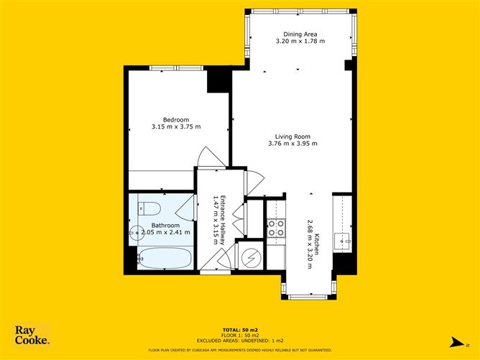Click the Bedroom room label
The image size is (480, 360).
point(175,119)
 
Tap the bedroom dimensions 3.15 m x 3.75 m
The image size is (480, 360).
point(176,127)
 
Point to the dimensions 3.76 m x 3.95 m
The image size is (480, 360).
point(292,144)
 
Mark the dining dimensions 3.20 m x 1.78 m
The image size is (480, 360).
point(300,42)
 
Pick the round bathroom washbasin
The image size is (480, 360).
point(137,232)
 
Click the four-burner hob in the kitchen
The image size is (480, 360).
point(274,229)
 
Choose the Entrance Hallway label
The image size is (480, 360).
point(223,221)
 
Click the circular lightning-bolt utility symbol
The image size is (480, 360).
point(253,257)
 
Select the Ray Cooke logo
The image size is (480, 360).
point(32,335)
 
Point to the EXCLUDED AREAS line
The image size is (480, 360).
point(240,340)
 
